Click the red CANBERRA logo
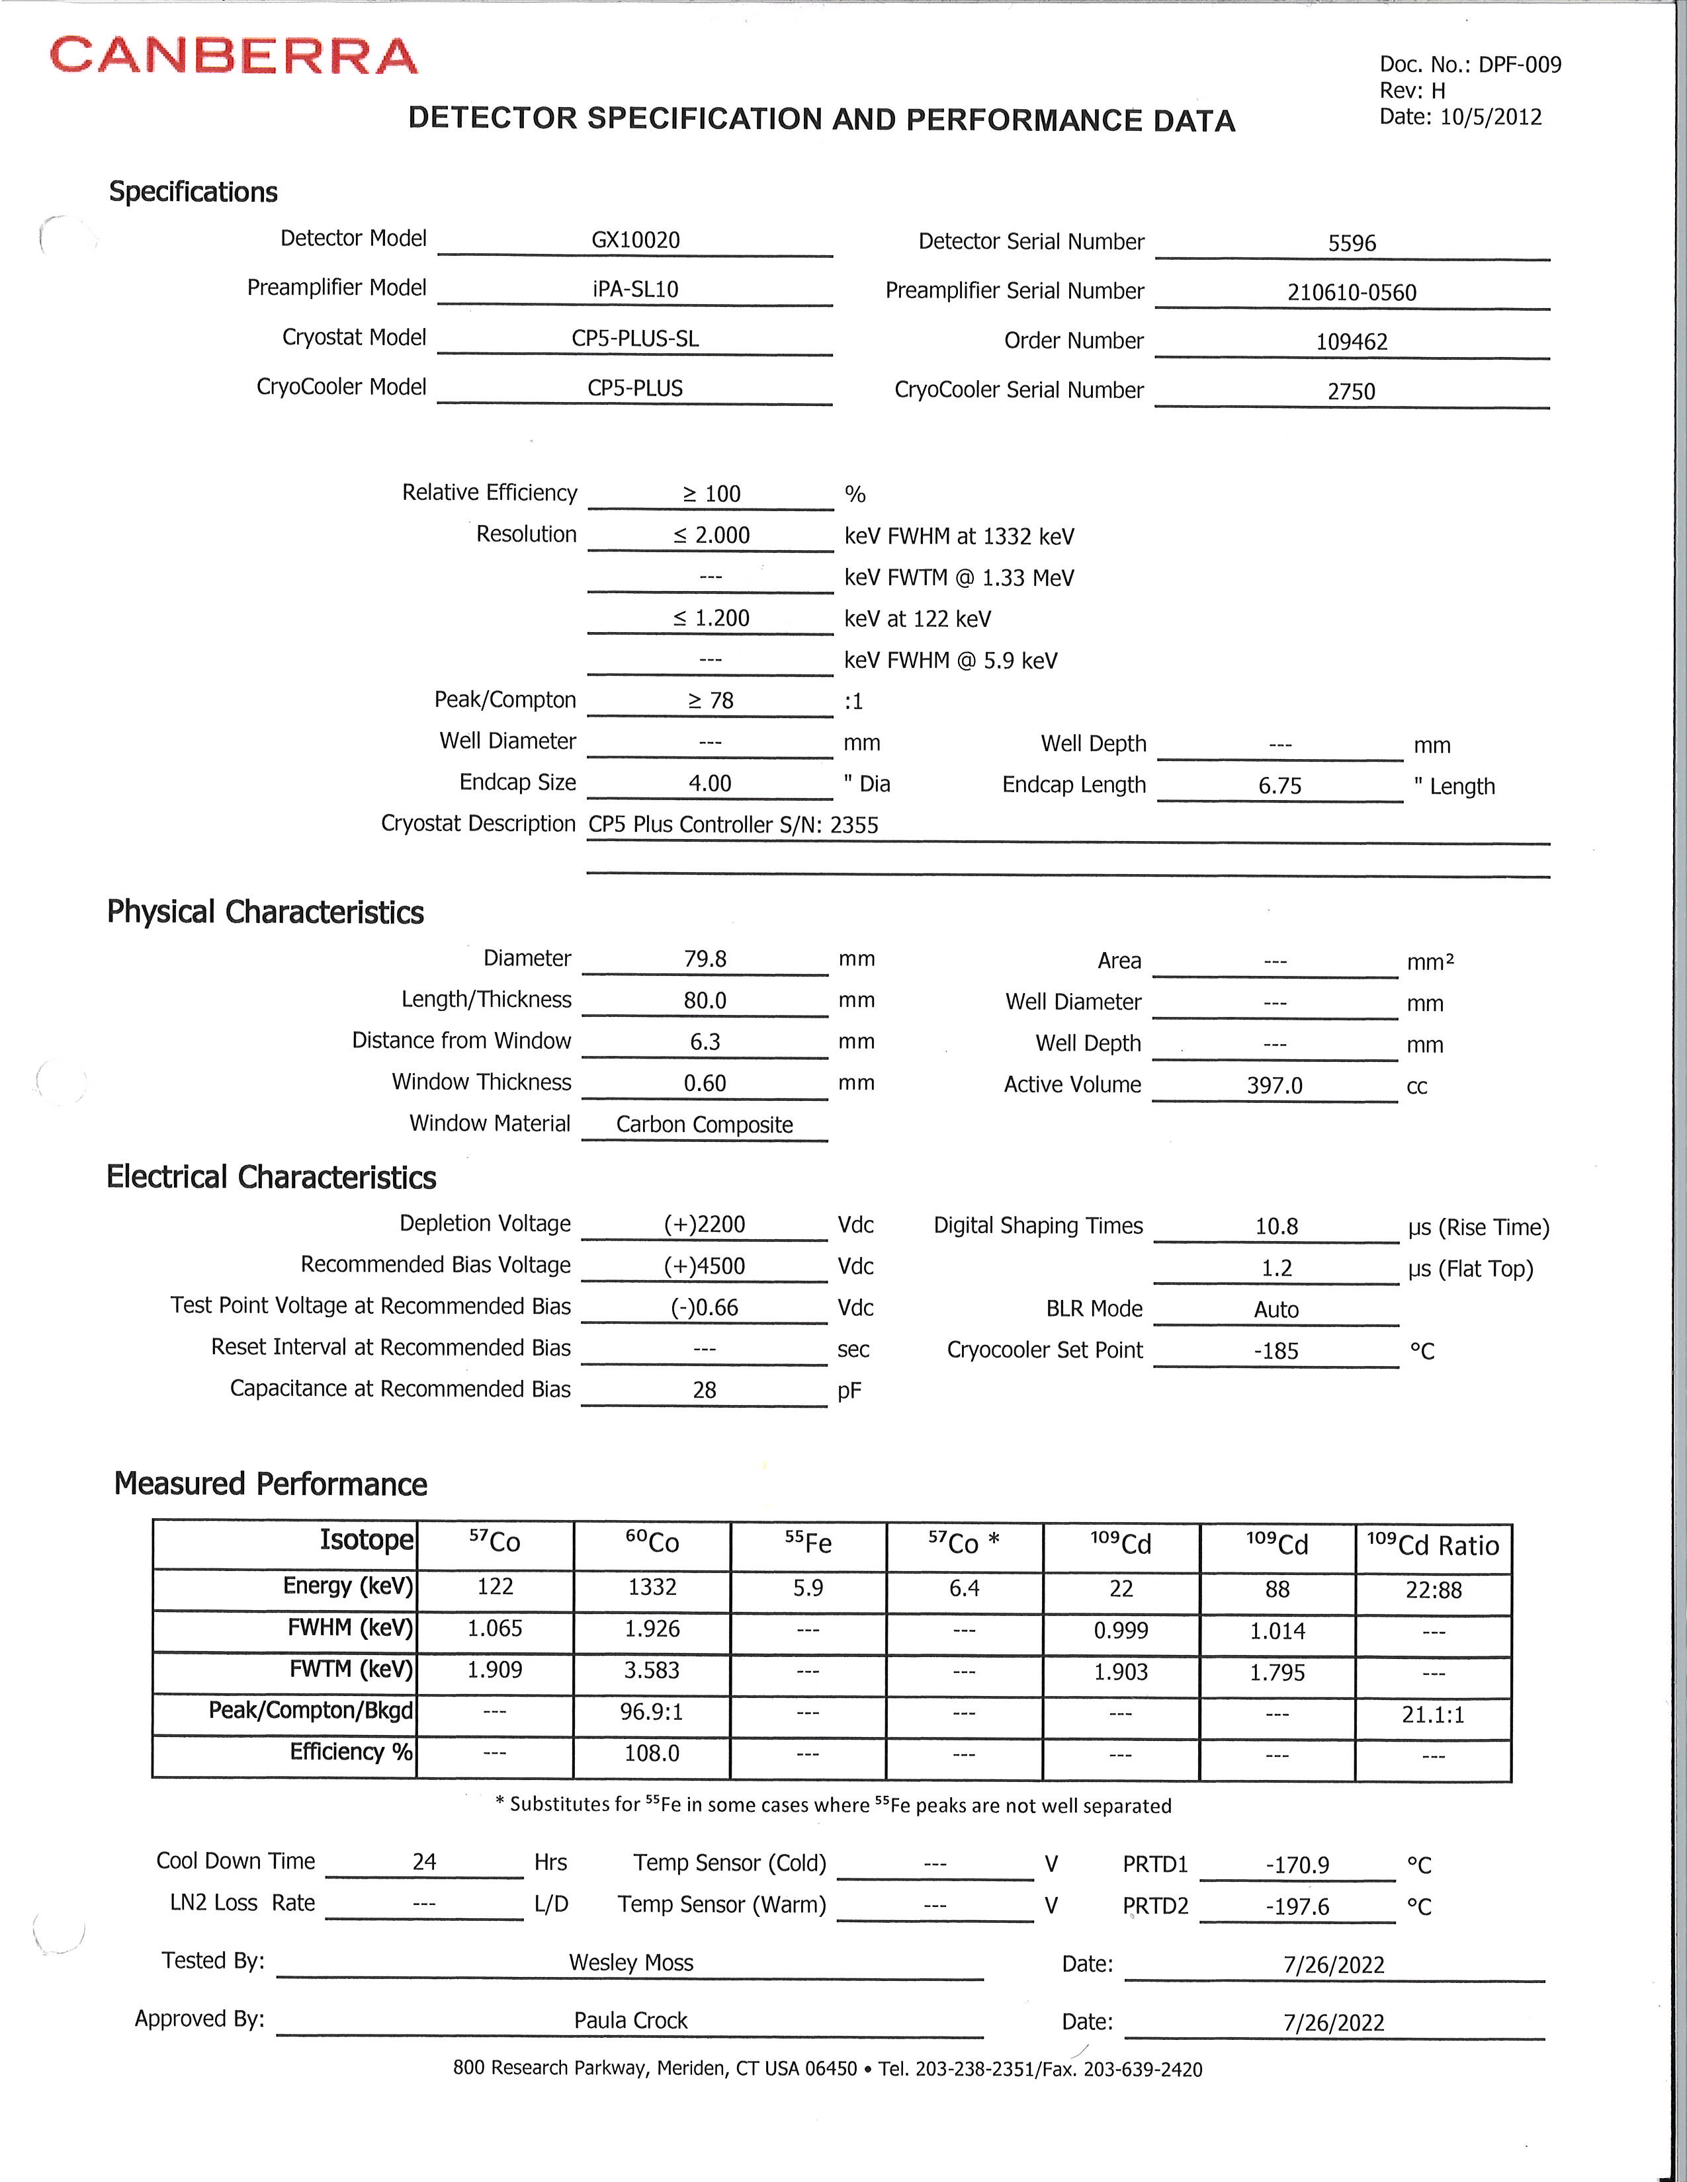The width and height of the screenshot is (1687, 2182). (233, 56)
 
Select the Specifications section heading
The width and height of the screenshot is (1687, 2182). (193, 192)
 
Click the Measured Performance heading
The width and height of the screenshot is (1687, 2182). (270, 1484)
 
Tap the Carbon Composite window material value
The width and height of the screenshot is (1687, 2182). (704, 1124)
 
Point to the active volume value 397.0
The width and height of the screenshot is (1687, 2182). (1274, 1085)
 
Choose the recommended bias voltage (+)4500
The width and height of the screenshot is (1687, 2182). (704, 1266)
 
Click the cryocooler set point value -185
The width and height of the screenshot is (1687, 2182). (1276, 1351)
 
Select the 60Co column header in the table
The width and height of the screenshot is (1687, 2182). (652, 1543)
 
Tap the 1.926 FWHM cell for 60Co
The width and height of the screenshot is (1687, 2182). (652, 1629)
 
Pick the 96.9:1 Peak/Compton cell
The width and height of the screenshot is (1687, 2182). (652, 1713)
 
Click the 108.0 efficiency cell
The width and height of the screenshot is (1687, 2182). (652, 1754)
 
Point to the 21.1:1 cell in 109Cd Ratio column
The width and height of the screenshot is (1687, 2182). (1432, 1715)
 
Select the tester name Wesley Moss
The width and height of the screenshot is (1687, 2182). (630, 1962)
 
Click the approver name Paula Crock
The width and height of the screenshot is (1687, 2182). (630, 2020)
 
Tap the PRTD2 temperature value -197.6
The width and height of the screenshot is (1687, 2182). (1297, 1906)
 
